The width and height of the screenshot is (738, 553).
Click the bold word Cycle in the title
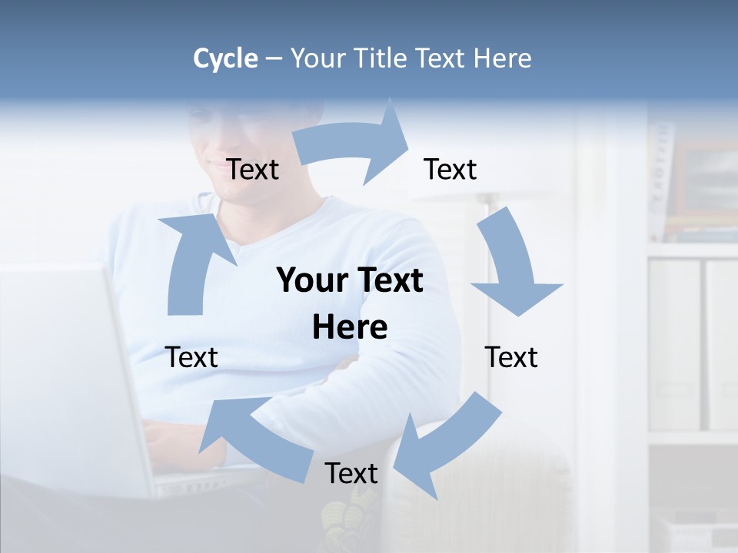(x=225, y=58)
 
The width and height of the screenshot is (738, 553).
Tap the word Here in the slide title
(x=503, y=58)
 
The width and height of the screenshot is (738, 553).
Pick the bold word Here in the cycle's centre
(x=350, y=327)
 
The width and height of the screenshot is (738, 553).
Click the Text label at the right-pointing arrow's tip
(x=450, y=169)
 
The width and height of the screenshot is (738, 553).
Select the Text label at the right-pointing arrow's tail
(x=252, y=169)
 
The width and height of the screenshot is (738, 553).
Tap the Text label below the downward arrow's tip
(x=511, y=357)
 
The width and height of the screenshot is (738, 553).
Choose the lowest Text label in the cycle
(x=351, y=473)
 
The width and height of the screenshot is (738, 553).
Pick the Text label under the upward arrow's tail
(x=191, y=357)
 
